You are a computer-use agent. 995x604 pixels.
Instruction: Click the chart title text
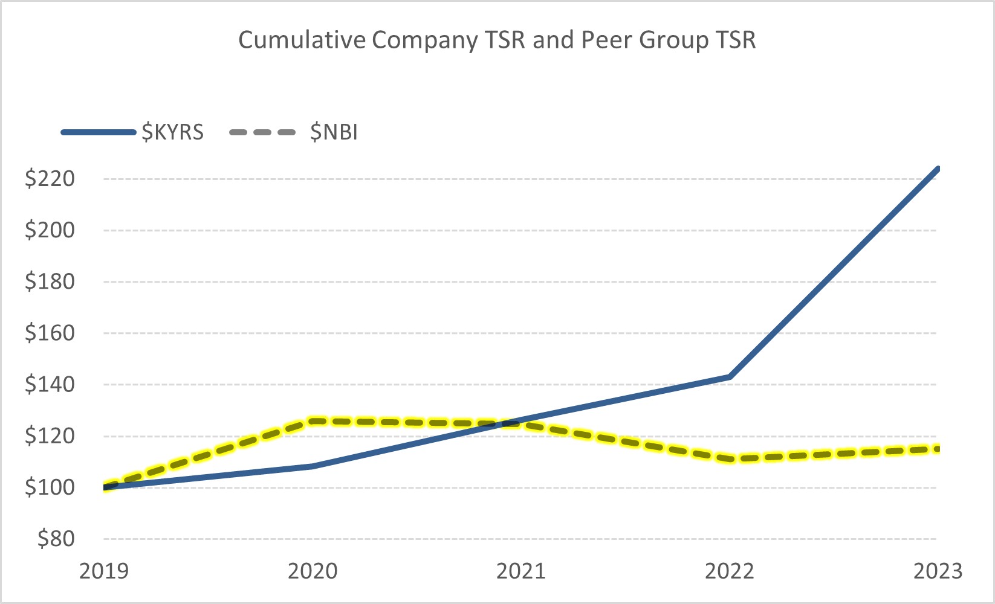(x=497, y=40)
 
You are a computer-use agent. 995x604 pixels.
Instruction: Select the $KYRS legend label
(x=172, y=132)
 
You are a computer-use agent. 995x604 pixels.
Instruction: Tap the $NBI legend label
(x=334, y=132)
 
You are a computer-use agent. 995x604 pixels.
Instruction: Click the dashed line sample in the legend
(x=263, y=132)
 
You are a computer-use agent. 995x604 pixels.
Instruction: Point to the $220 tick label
(x=50, y=179)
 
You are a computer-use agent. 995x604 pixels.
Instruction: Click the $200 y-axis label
(x=50, y=230)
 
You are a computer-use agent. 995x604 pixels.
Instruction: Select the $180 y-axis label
(x=50, y=281)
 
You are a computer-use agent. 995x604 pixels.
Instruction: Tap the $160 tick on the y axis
(x=50, y=333)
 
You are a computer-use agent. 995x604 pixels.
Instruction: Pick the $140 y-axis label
(x=50, y=384)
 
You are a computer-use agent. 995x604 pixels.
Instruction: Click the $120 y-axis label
(x=50, y=435)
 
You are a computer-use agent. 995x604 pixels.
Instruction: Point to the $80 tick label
(x=56, y=539)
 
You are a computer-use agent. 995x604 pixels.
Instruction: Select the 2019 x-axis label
(x=104, y=571)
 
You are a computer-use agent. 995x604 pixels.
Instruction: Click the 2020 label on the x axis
(x=313, y=571)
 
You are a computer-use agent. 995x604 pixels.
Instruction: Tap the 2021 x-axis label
(x=521, y=571)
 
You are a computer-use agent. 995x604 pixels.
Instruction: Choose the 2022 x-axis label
(x=730, y=571)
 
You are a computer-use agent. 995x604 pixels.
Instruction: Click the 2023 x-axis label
(x=938, y=571)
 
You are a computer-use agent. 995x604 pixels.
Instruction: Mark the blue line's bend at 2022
(x=730, y=377)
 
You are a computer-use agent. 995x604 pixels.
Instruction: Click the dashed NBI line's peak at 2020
(x=313, y=421)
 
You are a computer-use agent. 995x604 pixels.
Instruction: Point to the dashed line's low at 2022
(x=730, y=459)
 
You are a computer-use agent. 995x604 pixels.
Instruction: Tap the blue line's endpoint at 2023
(x=937, y=169)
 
